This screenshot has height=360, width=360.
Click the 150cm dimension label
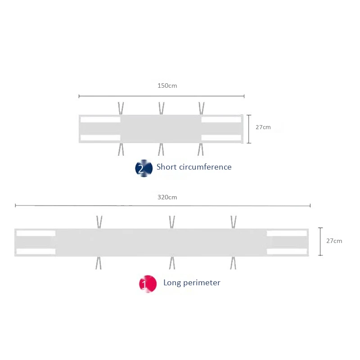coord(167,85)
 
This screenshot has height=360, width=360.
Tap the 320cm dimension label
coord(167,197)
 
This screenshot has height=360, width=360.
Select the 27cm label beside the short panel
coord(263,127)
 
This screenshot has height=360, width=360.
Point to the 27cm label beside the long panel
coord(334,241)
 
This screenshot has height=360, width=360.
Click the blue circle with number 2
coord(144,168)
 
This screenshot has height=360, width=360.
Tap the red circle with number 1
coord(148,284)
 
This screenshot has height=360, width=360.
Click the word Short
coord(166,167)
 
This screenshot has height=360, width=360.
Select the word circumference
coord(205,167)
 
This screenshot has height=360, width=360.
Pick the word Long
coord(172,283)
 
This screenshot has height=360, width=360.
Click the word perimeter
coord(202,283)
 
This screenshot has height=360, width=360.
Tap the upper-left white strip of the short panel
coord(100,120)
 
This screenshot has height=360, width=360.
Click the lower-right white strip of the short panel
coord(221,138)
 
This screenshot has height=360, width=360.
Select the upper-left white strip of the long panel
coord(36,233)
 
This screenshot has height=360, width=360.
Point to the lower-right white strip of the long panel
coord(287,252)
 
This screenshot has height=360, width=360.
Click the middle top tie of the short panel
coord(162,108)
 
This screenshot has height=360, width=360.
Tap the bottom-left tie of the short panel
coord(121,149)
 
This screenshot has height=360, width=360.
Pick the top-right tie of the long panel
coord(234,222)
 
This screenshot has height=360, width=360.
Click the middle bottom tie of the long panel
coord(172,263)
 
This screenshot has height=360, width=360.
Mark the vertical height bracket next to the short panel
coord(249,129)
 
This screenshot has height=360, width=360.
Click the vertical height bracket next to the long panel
coord(320,242)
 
